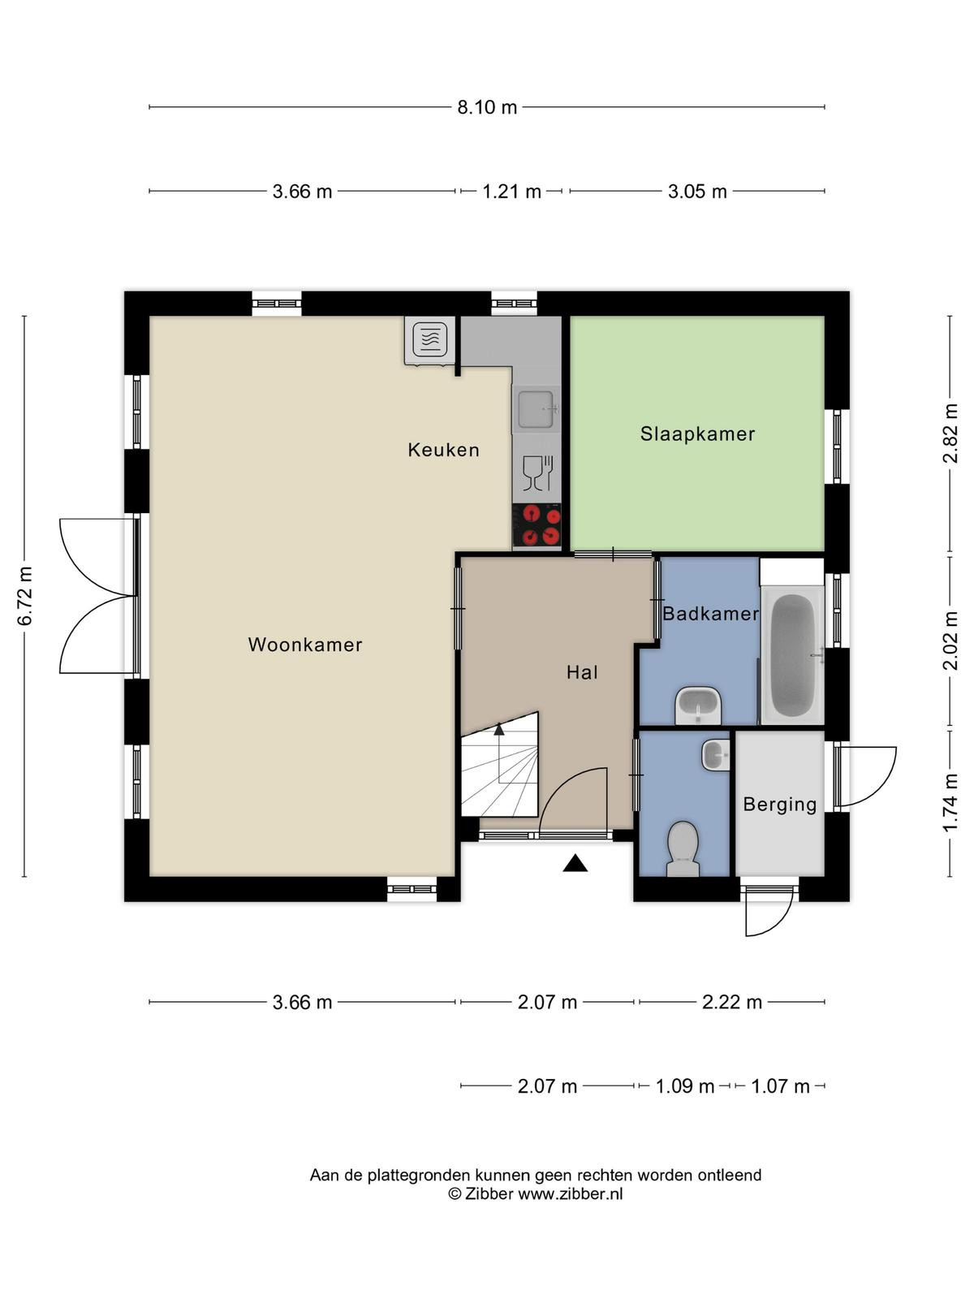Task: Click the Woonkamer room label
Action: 305,645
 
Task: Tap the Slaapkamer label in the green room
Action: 698,434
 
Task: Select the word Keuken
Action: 443,450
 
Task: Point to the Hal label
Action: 582,672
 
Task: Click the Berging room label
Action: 780,805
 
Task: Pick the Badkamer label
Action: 710,614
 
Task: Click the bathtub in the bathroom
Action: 792,654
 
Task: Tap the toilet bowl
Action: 683,848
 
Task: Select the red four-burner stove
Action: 537,525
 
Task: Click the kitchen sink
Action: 536,409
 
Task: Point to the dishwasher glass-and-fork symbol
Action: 537,473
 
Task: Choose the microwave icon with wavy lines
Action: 430,339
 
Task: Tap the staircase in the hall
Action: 500,767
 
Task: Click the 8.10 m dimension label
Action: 487,108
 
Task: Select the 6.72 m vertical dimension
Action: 25,596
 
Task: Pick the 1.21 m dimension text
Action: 511,192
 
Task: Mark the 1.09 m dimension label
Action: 685,1086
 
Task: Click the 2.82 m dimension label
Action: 950,434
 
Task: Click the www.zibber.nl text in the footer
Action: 570,1193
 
